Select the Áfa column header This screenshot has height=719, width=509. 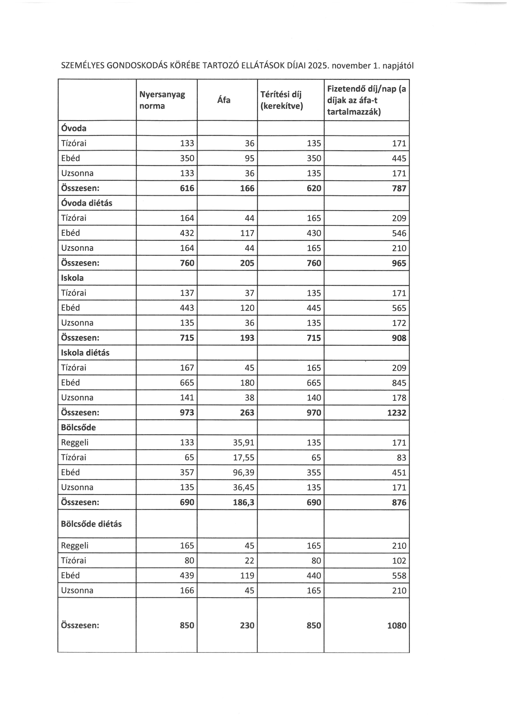tap(224, 100)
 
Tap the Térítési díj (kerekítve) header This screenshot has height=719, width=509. tap(281, 100)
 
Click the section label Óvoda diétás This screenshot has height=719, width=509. tap(86, 203)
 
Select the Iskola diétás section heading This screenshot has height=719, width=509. tap(85, 353)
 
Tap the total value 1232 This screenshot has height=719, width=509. tap(397, 413)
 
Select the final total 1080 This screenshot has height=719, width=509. tap(397, 626)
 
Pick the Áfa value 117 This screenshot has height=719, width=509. tap(247, 233)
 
